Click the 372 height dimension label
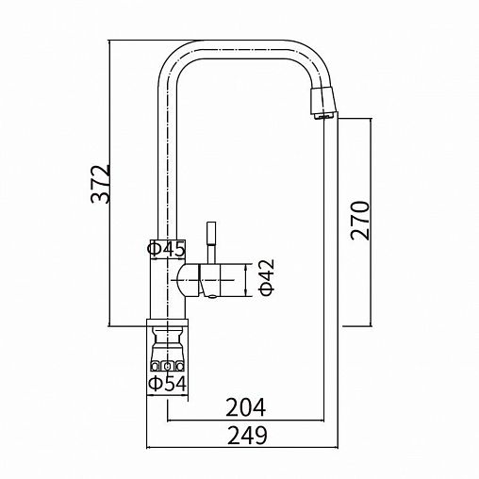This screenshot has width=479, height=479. click(x=101, y=184)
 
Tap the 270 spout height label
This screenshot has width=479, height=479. click(x=360, y=221)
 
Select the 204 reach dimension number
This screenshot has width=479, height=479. click(x=245, y=407)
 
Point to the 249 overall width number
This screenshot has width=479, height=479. click(x=247, y=436)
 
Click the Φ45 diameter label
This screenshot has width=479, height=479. click(x=166, y=250)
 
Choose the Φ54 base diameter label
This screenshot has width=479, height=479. click(x=168, y=384)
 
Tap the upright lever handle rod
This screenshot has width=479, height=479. click(x=211, y=243)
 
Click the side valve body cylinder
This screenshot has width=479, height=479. click(x=209, y=280)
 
